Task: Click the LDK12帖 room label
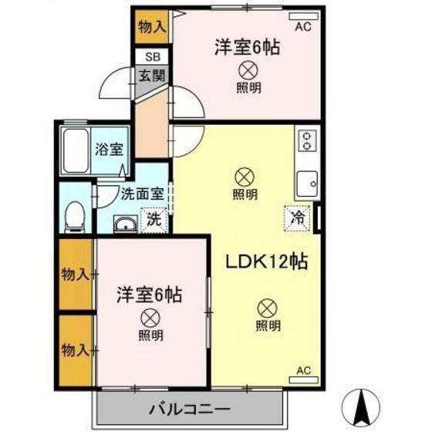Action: coord(266,262)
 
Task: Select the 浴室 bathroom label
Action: coord(105,150)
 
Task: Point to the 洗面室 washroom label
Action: coord(140,194)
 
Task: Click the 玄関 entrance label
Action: coord(151,75)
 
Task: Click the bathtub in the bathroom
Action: coord(76,150)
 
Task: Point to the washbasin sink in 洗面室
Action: coord(125,224)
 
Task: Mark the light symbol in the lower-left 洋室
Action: coord(150,316)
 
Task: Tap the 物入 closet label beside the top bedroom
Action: coord(151,25)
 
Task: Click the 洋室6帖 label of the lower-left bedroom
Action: coord(150,294)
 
